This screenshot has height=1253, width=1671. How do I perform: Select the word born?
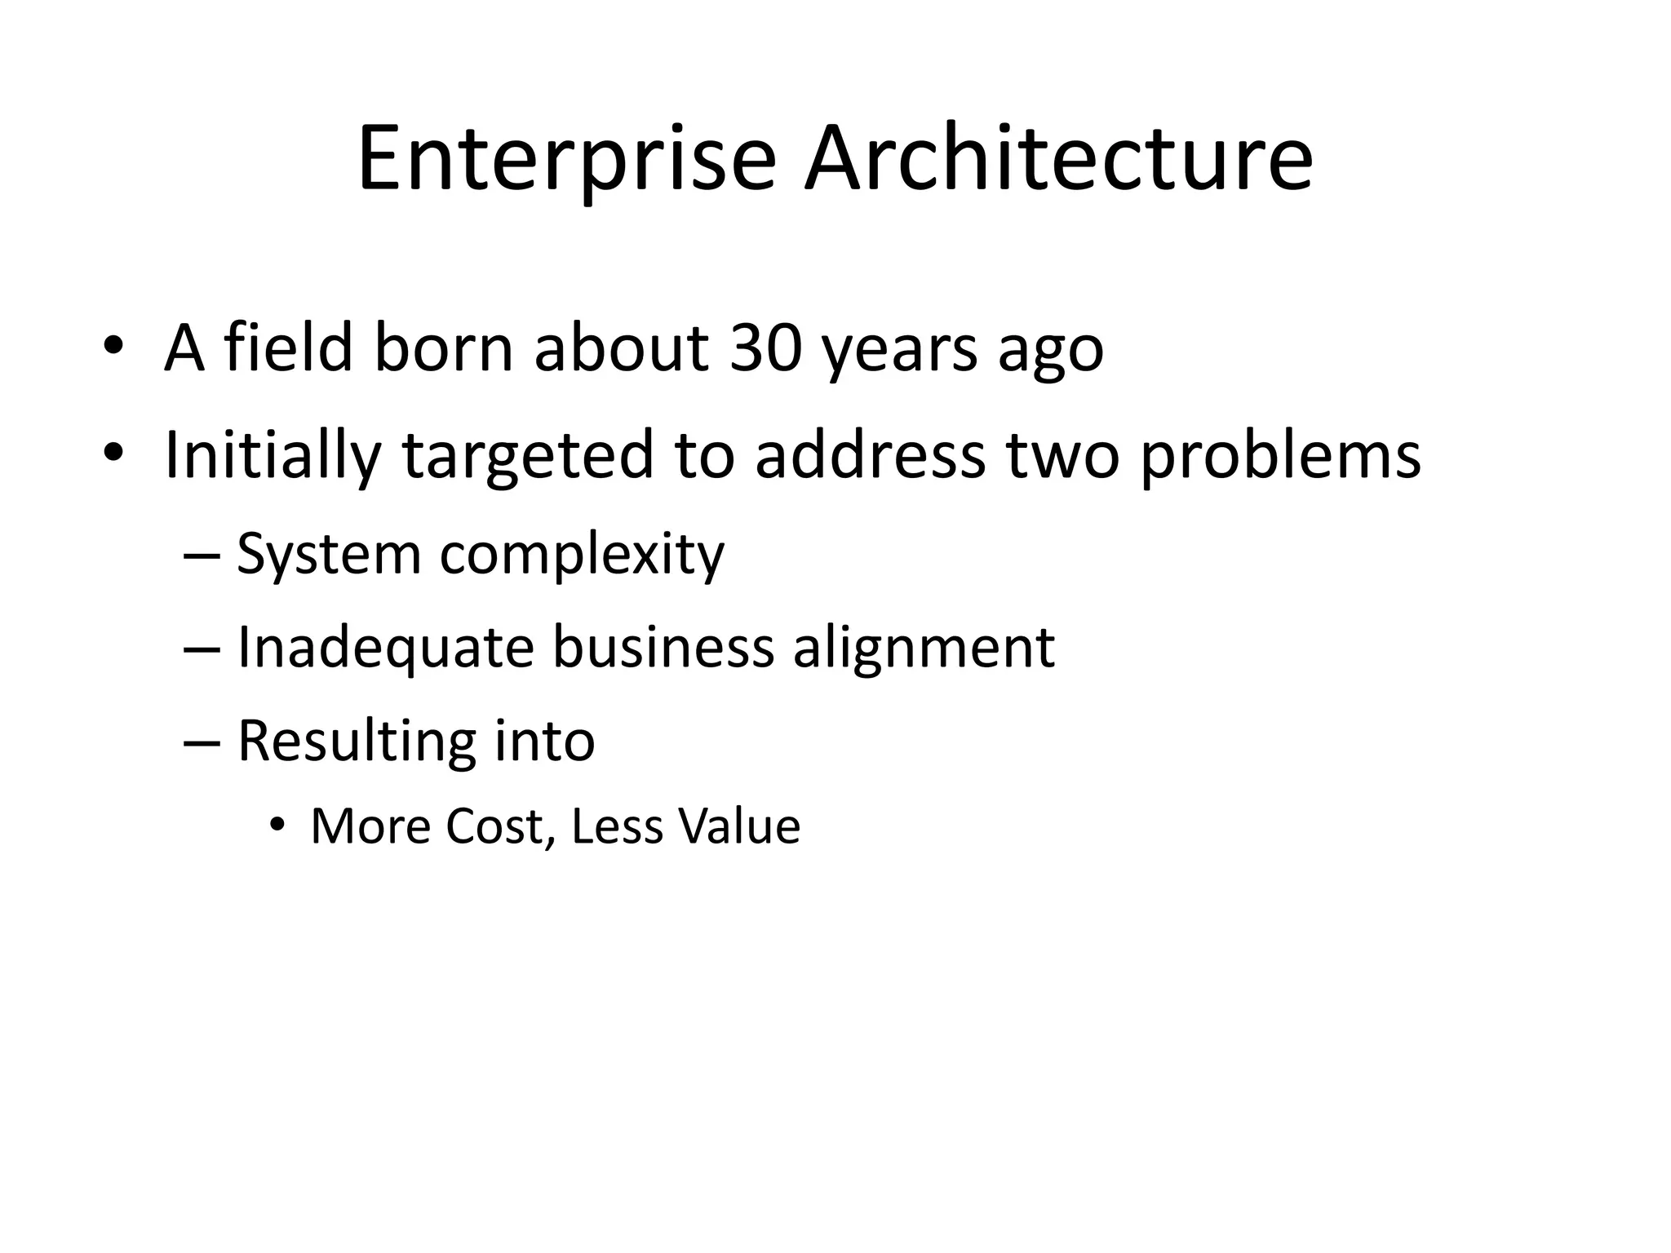pos(443,348)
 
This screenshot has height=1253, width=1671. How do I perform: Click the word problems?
pos(1280,457)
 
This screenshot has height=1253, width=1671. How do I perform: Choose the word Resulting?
pos(356,743)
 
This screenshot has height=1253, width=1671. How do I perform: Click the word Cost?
pos(499,826)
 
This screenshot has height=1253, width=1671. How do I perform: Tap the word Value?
pos(739,826)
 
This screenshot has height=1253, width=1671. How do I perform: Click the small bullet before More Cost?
pos(277,826)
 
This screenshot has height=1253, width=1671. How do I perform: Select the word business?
pos(663,648)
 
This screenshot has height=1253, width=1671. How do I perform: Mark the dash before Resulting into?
pos(202,742)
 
